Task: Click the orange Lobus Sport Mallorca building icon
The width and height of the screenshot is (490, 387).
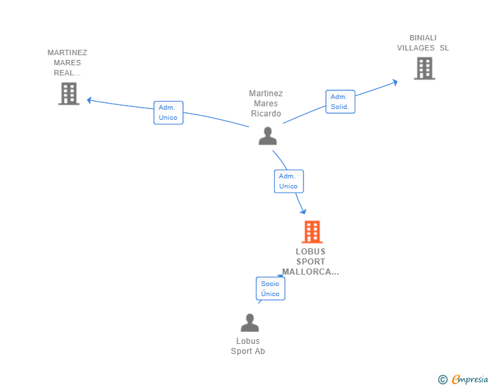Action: pos(312,232)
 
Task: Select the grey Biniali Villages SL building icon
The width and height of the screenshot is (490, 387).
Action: pos(424,68)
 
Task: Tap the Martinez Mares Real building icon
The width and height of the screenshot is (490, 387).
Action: pos(69,94)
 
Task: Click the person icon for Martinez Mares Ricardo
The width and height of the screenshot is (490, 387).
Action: pos(268,136)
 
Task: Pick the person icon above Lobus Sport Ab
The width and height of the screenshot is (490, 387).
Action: pos(250,323)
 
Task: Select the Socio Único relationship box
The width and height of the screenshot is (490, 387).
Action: pos(270,289)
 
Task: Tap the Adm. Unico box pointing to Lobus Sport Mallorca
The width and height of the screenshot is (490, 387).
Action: pos(288,181)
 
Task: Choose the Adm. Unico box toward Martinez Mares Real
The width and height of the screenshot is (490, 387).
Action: pos(168,112)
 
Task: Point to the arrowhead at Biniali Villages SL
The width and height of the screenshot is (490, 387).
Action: pos(394,82)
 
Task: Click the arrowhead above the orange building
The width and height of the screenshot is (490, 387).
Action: pos(303,211)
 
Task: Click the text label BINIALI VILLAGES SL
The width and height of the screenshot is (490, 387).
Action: pos(423,43)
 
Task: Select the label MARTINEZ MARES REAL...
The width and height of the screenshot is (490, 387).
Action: pos(67,63)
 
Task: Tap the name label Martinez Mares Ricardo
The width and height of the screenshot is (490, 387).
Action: pos(266,104)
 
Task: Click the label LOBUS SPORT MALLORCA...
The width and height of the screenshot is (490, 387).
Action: pos(310,262)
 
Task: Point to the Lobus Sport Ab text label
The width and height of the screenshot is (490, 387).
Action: pos(248,346)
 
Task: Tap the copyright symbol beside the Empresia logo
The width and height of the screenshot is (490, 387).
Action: pos(442,380)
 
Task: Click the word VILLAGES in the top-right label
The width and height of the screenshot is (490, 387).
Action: pos(415,48)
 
